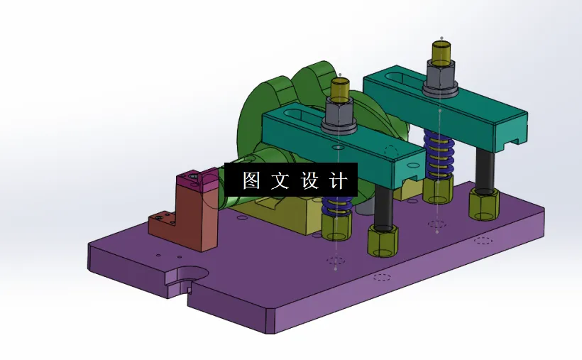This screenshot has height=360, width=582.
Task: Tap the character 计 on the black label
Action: [339, 180]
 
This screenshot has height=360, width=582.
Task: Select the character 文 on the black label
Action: [280, 180]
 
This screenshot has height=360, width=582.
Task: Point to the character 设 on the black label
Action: [310, 180]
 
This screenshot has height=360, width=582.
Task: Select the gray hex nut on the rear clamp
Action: [440, 76]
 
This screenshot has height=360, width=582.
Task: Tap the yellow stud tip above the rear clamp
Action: [441, 51]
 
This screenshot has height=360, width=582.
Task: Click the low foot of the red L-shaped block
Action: [162, 224]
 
